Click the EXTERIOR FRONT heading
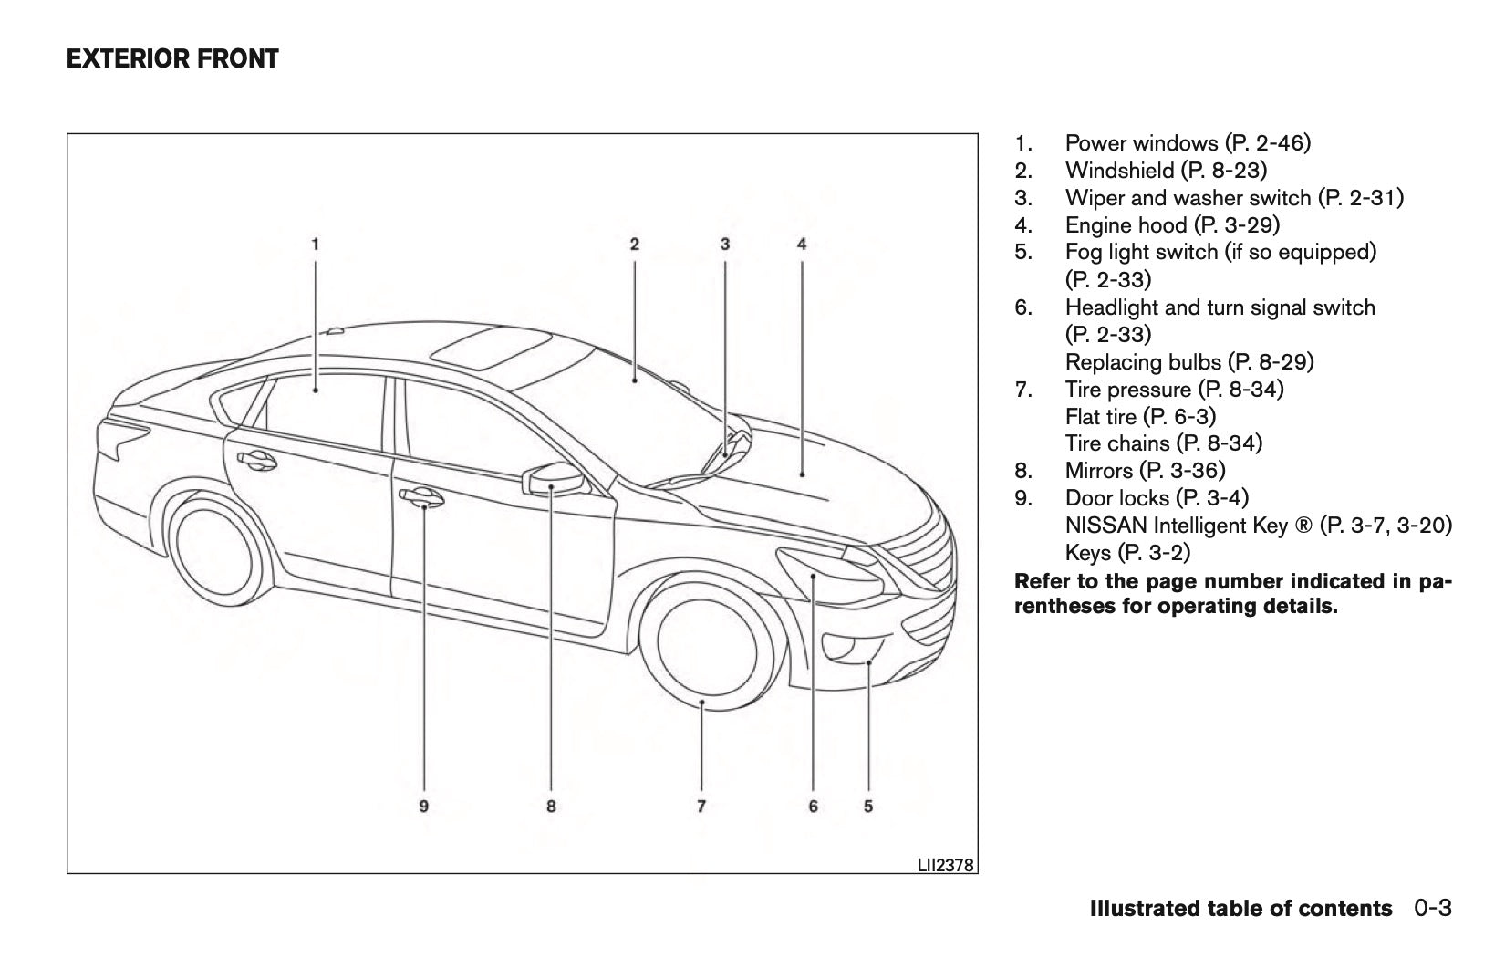[x=172, y=60]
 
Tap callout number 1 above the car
[x=315, y=244]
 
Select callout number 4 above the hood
[x=802, y=244]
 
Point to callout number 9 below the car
[x=424, y=806]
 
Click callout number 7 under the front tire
[x=701, y=806]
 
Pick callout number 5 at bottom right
[x=868, y=806]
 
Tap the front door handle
[x=421, y=496]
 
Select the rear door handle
[x=254, y=460]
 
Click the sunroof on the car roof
[x=491, y=349]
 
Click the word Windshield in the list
[x=1120, y=170]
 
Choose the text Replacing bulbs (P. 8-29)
[x=1189, y=362]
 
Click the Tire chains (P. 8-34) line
[x=1163, y=443]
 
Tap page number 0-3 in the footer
[x=1433, y=909]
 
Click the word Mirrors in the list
[x=1099, y=471]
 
